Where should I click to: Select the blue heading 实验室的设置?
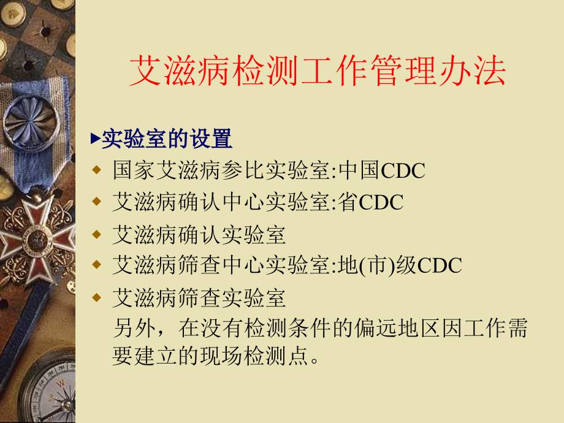point(166,139)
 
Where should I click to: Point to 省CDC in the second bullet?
point(371,202)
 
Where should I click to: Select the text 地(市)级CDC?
point(401,265)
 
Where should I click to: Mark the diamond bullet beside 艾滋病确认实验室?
point(96,234)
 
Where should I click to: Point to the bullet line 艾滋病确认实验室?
point(199,235)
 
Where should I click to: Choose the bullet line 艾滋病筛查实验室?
point(199,299)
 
